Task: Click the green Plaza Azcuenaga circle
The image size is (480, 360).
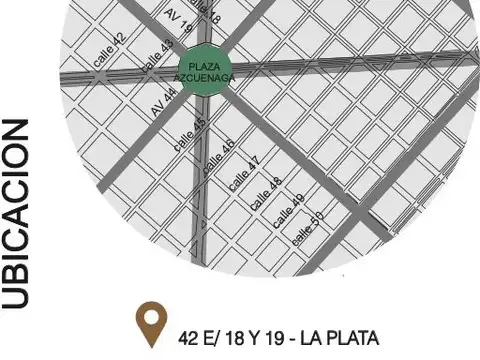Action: coord(203,71)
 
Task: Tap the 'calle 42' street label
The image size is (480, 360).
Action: coord(111,50)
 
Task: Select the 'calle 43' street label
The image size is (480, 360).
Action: coord(158,55)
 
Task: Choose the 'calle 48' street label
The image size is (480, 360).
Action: coord(267,193)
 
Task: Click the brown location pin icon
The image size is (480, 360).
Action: coord(151,324)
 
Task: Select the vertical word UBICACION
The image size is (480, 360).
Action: coord(19,214)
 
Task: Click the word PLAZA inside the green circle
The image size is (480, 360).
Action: coord(203,66)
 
